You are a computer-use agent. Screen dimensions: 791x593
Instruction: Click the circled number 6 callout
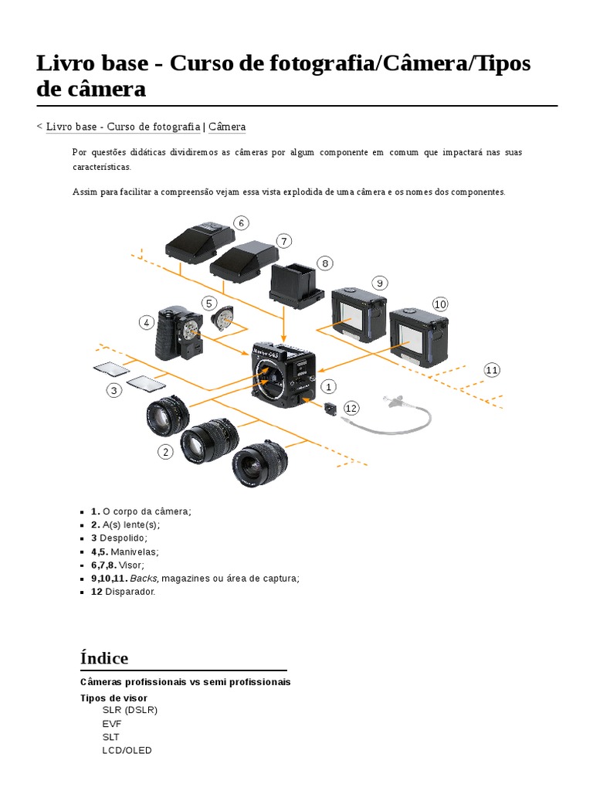(241, 223)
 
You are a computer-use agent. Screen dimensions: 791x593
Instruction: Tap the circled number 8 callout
(325, 263)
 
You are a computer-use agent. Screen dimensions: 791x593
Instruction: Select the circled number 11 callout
(492, 370)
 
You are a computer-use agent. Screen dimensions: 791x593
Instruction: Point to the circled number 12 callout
(351, 408)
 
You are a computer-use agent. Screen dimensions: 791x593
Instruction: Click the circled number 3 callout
(114, 391)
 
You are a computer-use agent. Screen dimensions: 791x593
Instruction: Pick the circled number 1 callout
(328, 385)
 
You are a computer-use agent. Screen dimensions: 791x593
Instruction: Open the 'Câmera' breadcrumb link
(227, 127)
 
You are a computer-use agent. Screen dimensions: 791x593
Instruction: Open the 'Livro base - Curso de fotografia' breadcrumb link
(123, 127)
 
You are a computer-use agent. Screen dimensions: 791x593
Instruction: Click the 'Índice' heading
(104, 658)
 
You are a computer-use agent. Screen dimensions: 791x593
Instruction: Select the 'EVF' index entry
(111, 723)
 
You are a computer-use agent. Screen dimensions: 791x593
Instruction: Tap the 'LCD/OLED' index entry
(127, 750)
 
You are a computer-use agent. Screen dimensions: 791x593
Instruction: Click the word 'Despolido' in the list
(123, 538)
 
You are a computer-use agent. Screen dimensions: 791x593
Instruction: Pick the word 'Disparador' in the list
(129, 592)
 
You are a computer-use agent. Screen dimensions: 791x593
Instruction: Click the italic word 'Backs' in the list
(143, 578)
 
